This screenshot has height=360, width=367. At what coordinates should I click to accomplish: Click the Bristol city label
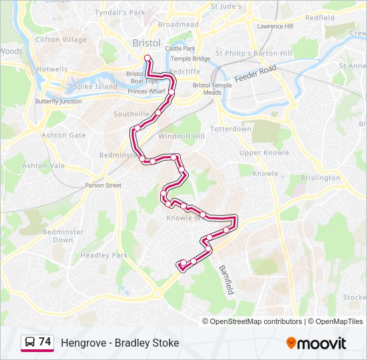146,43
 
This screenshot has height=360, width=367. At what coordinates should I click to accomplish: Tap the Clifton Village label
61,40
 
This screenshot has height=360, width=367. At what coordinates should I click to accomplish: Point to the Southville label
131,115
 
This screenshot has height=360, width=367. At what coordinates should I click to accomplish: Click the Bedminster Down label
63,235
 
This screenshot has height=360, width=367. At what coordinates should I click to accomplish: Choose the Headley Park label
103,255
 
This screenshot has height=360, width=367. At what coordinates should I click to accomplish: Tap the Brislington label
320,178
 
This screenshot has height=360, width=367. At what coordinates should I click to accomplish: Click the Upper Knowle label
264,153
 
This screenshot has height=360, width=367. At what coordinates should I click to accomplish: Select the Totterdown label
231,129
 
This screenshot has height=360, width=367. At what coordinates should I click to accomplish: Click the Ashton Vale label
43,165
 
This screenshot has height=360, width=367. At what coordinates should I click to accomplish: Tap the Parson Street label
103,185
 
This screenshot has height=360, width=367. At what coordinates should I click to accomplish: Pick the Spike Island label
95,86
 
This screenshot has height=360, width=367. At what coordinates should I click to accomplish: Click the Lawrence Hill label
275,26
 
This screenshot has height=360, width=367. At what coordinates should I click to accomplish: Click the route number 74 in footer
45,341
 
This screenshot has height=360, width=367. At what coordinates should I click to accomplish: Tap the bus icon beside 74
30,342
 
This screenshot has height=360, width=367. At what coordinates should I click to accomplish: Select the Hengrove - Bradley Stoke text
120,343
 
